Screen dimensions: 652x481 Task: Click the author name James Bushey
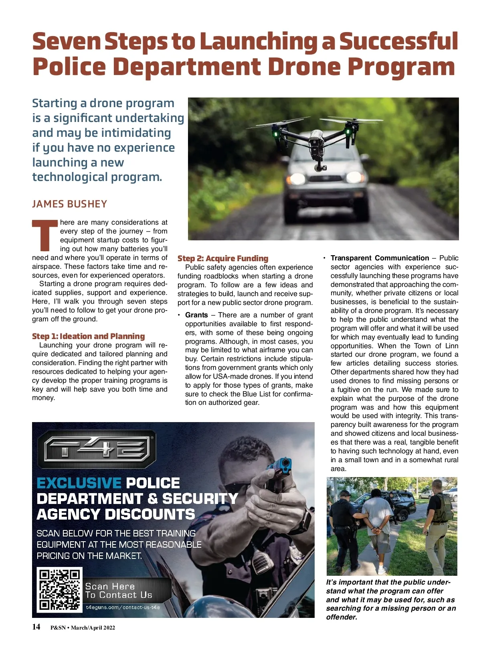click(x=69, y=204)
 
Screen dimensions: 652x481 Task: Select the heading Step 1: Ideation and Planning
click(x=88, y=336)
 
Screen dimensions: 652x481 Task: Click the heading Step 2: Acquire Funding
click(x=223, y=258)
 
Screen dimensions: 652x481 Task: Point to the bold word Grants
click(x=196, y=315)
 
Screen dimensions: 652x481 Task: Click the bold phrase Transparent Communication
click(x=380, y=258)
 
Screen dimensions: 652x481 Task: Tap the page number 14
click(x=36, y=627)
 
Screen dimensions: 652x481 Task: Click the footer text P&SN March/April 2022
click(x=83, y=628)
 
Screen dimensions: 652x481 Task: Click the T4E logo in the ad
click(x=97, y=449)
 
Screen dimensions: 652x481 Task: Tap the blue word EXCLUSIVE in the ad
click(x=79, y=483)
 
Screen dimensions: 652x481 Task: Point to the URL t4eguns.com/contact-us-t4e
click(x=123, y=607)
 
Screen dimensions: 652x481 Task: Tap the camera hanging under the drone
click(x=319, y=165)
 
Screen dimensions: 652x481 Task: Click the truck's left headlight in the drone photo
click(x=297, y=178)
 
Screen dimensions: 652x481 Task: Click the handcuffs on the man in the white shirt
click(x=376, y=530)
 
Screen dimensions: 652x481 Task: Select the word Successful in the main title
click(x=398, y=41)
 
